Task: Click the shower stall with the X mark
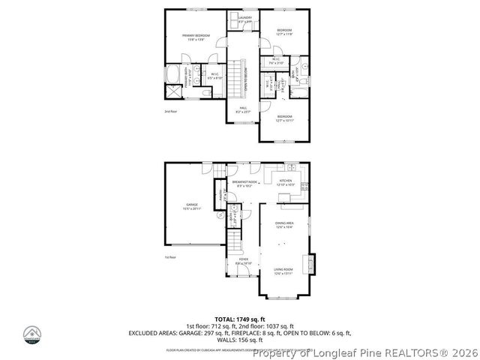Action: coord(173,92)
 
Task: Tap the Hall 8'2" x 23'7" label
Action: coord(243,109)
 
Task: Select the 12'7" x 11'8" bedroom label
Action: coord(283,32)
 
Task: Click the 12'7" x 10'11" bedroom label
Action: coord(284,118)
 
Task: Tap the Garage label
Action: coord(192,206)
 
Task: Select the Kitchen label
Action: coord(286,182)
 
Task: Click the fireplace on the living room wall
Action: coord(305,265)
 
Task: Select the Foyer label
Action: coord(244,260)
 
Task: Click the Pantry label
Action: coord(221,196)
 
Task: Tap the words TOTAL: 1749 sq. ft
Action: coord(239,319)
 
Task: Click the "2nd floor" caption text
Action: coord(170,111)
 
